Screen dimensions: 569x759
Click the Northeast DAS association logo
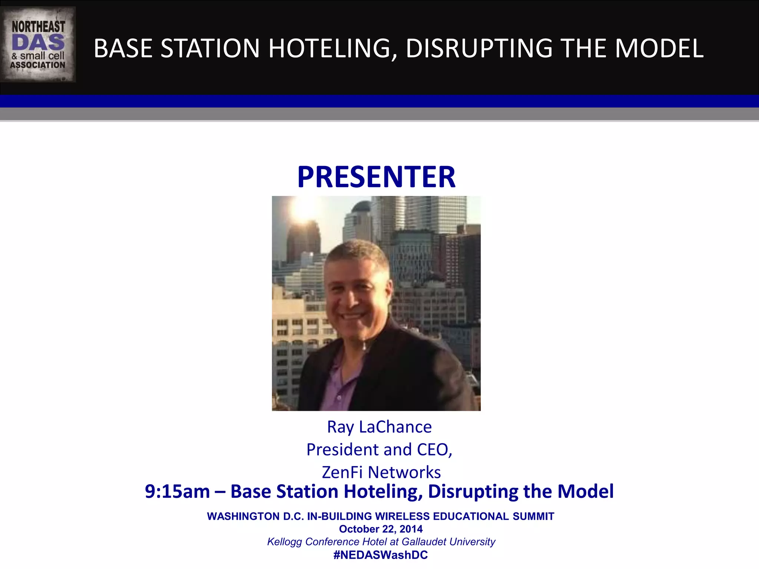coord(38,44)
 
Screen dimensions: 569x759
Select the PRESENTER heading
coord(376,177)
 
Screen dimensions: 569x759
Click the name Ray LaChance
coord(379,427)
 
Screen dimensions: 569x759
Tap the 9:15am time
coord(177,492)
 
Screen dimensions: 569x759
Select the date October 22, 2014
coord(381,529)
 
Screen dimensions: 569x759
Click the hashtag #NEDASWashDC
coord(381,555)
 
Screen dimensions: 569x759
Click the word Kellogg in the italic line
coord(284,542)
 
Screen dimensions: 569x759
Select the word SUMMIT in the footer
coord(533,516)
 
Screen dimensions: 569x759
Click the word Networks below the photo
coord(404,472)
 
